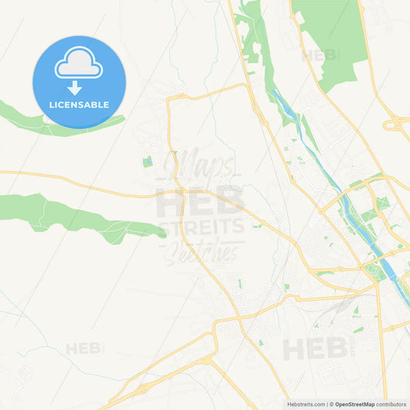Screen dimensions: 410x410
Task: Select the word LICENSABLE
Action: coord(78,105)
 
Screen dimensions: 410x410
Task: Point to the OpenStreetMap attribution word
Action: coord(353,404)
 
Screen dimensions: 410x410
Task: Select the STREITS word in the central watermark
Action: coord(202,227)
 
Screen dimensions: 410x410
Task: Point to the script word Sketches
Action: coord(203,252)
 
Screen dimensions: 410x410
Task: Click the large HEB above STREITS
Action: coord(200,202)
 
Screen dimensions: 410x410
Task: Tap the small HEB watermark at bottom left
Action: coord(84,348)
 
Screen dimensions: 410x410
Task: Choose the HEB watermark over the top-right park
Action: coord(320,55)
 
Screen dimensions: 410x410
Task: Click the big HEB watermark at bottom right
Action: coord(315,348)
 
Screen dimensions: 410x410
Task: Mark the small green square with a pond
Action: coord(147,162)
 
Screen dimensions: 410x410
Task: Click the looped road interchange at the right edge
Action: coord(397,123)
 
